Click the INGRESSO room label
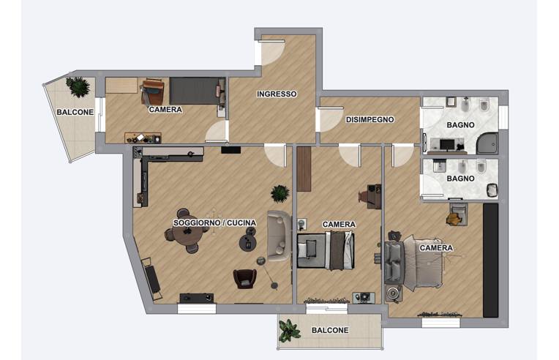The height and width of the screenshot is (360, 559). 277,94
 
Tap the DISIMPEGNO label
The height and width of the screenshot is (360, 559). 369,120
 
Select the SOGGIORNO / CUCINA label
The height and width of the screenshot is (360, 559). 214,222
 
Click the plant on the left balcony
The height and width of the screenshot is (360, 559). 78,86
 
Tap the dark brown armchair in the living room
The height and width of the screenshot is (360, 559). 245,278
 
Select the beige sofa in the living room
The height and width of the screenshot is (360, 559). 279,236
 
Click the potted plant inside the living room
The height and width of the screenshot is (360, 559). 280,193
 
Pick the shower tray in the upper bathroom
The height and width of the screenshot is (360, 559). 487,143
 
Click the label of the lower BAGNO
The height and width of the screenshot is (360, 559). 460,179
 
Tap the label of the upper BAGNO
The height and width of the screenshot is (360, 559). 460,124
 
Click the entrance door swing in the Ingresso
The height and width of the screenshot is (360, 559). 273,53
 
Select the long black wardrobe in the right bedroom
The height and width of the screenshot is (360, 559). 490,260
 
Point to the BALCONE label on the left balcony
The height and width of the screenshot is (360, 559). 75,112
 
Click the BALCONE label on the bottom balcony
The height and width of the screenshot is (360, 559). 330,331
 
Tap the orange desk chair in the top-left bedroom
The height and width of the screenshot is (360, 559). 153,91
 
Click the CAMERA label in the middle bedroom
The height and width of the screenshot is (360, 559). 339,224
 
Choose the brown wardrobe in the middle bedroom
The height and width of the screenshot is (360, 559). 304,169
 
